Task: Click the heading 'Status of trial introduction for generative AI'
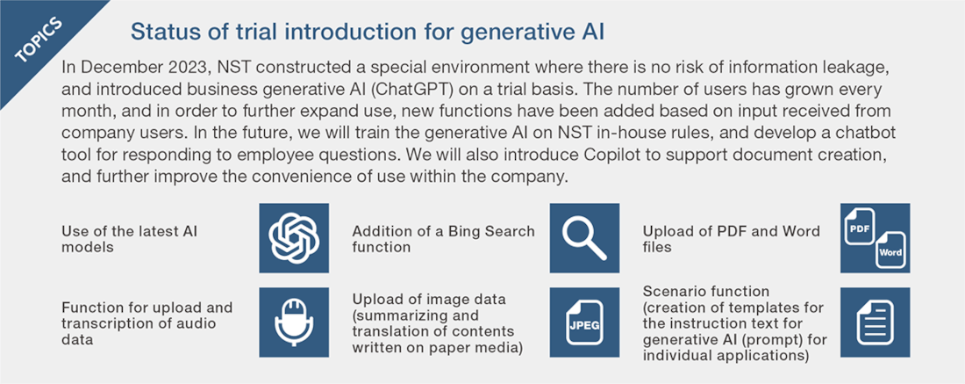[x=368, y=32]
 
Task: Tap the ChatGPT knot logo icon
[x=294, y=238]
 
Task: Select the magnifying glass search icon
[x=584, y=238]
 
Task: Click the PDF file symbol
[x=860, y=226]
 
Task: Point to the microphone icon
[x=294, y=322]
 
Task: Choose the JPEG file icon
[x=584, y=322]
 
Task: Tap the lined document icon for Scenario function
[x=875, y=322]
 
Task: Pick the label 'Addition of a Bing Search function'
[x=443, y=238]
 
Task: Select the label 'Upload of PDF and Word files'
[x=731, y=238]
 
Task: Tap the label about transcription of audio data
[x=147, y=323]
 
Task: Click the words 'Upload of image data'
[x=429, y=300]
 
